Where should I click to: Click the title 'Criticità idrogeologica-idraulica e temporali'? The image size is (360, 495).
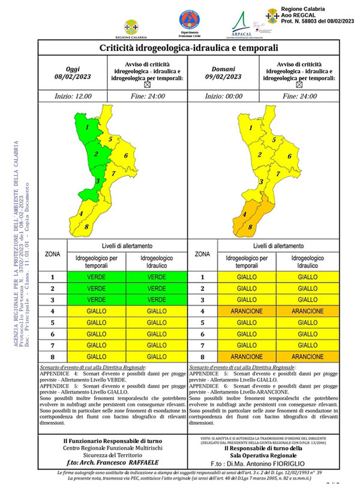[188, 47]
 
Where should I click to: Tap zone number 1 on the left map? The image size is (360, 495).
[88, 127]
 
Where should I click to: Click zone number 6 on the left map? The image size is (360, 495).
[126, 157]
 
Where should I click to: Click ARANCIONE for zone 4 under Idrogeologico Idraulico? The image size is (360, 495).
[307, 311]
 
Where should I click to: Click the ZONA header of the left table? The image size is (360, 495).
[53, 254]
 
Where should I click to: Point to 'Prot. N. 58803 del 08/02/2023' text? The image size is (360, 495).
[311, 20]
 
